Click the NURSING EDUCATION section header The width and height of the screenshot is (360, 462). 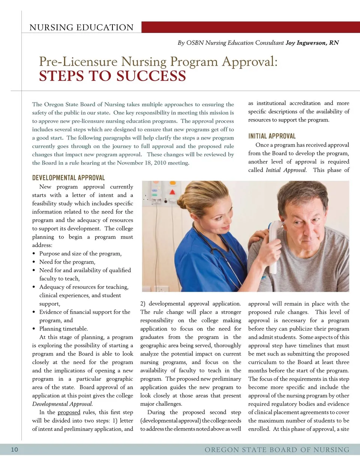81,27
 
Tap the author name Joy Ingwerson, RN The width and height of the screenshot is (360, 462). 312,43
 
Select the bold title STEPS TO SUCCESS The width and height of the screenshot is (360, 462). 112,76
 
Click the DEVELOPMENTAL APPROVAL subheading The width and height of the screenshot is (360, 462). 69,178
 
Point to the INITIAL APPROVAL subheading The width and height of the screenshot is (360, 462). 272,136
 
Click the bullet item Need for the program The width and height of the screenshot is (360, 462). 67,262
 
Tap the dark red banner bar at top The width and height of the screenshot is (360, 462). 250,27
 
